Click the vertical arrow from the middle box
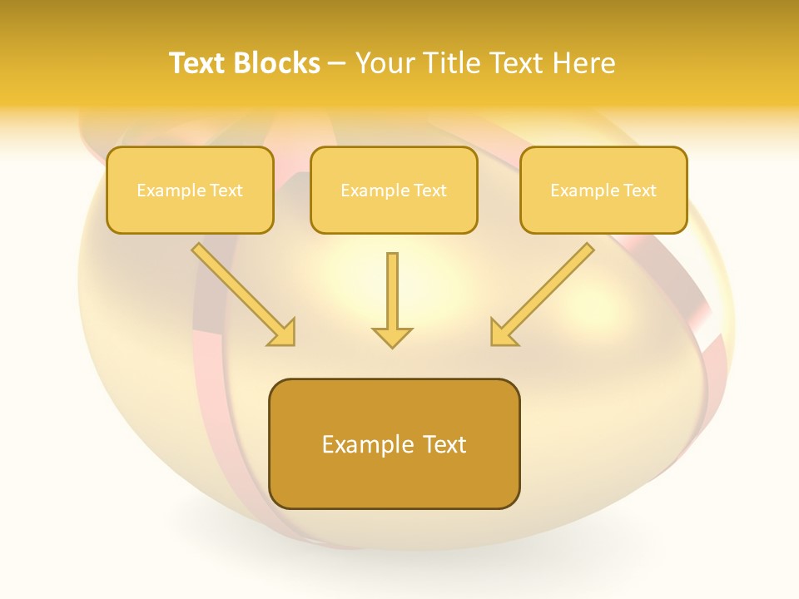pyautogui.click(x=392, y=291)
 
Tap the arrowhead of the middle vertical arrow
pyautogui.click(x=392, y=337)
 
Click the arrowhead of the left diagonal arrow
pyautogui.click(x=283, y=333)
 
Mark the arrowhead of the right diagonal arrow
pyautogui.click(x=503, y=333)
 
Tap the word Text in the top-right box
pyautogui.click(x=639, y=191)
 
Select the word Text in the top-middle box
pyautogui.click(x=429, y=191)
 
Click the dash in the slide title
pyautogui.click(x=338, y=64)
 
